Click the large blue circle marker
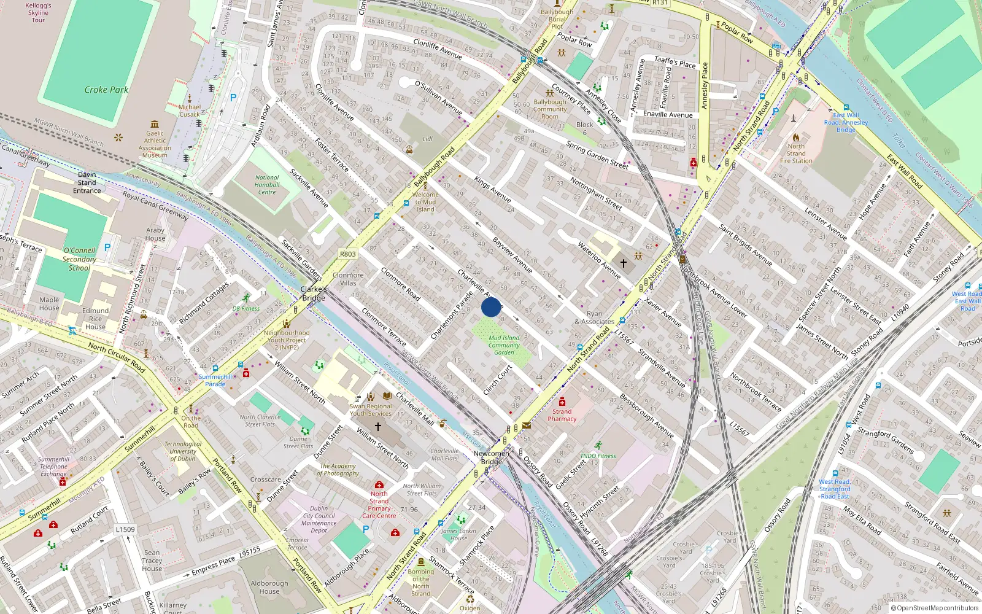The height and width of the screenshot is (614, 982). click(x=491, y=307)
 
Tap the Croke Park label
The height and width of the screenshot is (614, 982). click(x=106, y=90)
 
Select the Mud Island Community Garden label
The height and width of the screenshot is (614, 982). click(x=504, y=345)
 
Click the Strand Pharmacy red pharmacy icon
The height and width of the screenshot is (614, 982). click(x=562, y=402)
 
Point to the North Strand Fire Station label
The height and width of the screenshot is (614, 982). click(x=796, y=153)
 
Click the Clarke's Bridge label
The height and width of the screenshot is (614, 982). click(x=314, y=293)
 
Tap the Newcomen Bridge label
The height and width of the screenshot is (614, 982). click(x=491, y=457)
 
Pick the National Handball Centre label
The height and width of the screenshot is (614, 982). click(x=267, y=185)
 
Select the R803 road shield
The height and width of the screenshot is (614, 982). click(x=347, y=254)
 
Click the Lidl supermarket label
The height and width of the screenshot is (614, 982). click(x=427, y=139)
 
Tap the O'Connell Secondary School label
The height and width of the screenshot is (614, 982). click(x=79, y=259)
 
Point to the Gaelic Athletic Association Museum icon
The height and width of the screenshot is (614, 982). click(x=155, y=124)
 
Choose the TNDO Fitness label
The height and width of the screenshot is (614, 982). click(x=598, y=456)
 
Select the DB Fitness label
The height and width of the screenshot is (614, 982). click(x=245, y=308)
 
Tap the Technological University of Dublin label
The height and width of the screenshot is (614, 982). click(x=182, y=451)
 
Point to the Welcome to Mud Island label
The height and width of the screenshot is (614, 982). click(x=425, y=202)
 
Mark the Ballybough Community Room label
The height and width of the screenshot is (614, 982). click(x=550, y=109)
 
